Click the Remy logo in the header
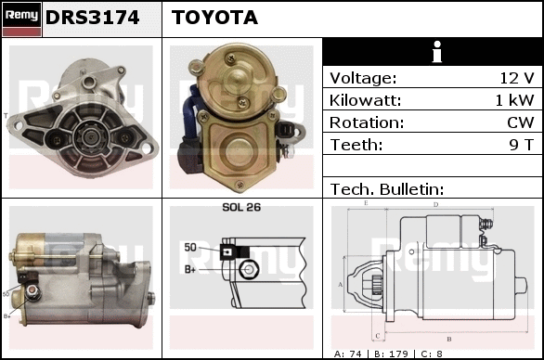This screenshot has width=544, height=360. pos(22,19)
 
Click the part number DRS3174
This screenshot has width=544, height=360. pos(92,18)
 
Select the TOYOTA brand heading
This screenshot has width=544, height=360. pos(214,18)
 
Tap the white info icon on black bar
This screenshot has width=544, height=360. pos(437,52)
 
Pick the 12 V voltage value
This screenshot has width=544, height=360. pos(516,78)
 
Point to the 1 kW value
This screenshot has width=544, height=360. pos(514,100)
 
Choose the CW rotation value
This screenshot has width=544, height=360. pos(521,122)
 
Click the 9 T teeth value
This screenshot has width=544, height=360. pos(521,145)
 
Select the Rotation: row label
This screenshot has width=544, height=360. pos(367,122)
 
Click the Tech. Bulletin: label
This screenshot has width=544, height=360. pos(387,189)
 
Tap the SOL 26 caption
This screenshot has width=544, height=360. pos(241,207)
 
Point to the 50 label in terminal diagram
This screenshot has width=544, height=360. pos(190,248)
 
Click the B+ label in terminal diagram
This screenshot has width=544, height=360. pos(190,269)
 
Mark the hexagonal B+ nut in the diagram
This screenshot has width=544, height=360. pos(249,269)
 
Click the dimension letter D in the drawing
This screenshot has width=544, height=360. pos(436,205)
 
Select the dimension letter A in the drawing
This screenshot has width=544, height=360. pos(341,285)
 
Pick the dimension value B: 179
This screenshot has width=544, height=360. pos(391,354)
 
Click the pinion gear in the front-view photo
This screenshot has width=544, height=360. pos(90,137)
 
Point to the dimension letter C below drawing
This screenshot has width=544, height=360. pos(378,336)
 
